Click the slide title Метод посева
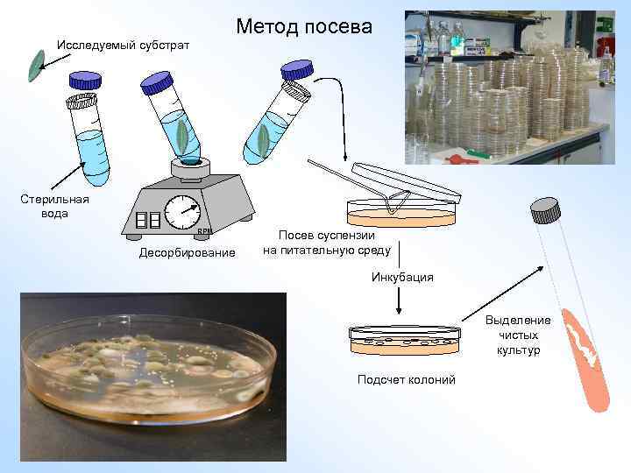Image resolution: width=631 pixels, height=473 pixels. (304, 26)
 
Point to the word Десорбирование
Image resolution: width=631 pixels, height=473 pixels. (187, 253)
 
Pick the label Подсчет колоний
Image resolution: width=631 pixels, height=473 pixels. (406, 379)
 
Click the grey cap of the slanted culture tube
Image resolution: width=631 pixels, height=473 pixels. (545, 210)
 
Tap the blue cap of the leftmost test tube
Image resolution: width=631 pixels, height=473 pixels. (85, 81)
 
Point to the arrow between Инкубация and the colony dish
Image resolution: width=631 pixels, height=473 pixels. (399, 303)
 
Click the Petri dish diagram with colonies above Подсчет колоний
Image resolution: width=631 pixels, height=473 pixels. (405, 340)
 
